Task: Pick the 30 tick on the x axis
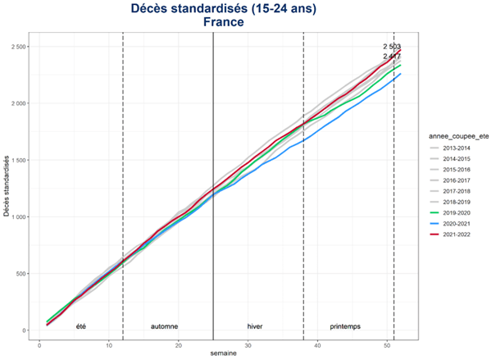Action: [x=248, y=343]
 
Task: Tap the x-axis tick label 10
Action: [x=109, y=343]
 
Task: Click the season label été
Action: [x=80, y=326]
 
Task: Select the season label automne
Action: [x=164, y=326]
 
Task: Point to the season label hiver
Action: [x=255, y=326]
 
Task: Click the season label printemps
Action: [x=345, y=326]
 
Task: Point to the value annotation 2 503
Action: [x=392, y=47]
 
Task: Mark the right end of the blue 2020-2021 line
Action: [x=401, y=74]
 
